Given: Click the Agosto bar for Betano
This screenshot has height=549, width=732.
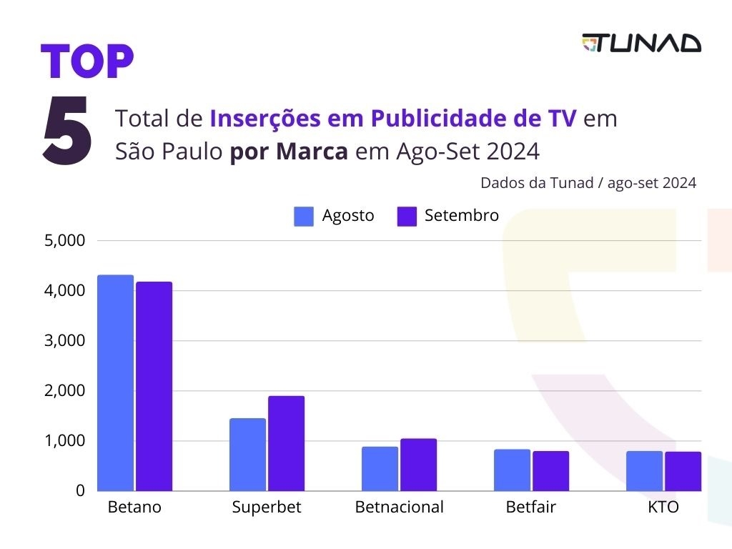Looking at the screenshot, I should pos(115,382).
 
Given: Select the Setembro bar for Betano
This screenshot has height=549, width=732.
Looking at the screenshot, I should pos(154,386).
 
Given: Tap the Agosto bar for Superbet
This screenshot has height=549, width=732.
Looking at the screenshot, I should pos(247,455).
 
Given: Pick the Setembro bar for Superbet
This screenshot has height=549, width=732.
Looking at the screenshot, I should pos(286,443).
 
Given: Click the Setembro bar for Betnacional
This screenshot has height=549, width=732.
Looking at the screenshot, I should pos(418,465).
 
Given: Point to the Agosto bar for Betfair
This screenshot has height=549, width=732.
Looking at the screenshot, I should pos(512,470).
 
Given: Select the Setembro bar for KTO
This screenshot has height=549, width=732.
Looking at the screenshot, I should pos(683,471).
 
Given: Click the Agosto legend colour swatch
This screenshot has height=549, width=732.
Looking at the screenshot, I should pos(304,216).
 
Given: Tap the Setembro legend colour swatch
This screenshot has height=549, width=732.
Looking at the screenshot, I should pos(407,216).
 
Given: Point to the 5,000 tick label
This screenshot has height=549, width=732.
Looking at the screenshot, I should pos(65,240).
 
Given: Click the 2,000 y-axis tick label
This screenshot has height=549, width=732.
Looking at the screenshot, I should pos(65,391).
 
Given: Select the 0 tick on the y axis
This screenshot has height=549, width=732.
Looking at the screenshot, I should pos(80,491).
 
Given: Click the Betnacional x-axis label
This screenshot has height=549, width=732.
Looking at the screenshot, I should pos(400,508).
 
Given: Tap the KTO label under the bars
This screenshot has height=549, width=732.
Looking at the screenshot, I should pos(663,508).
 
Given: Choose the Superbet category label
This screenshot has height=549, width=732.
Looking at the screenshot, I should pos(267,508).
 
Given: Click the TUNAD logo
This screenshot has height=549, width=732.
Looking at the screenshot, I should pos(641,43).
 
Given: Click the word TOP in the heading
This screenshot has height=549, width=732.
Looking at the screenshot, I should pos(86,62).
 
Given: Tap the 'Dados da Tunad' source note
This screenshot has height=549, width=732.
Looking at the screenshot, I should pos(588,182).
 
